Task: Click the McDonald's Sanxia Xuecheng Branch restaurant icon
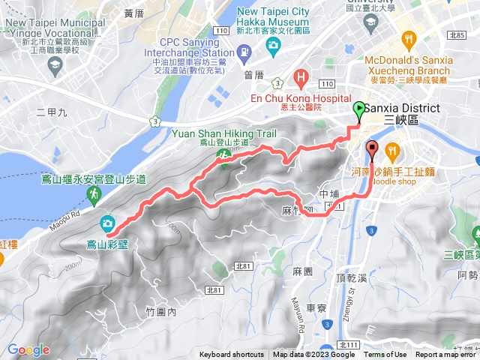(408, 39)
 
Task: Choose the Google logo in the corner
(28, 349)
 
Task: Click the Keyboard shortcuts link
(231, 355)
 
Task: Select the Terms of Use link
(385, 355)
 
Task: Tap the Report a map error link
(446, 355)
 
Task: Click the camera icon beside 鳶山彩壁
(106, 223)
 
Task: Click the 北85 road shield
(457, 34)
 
